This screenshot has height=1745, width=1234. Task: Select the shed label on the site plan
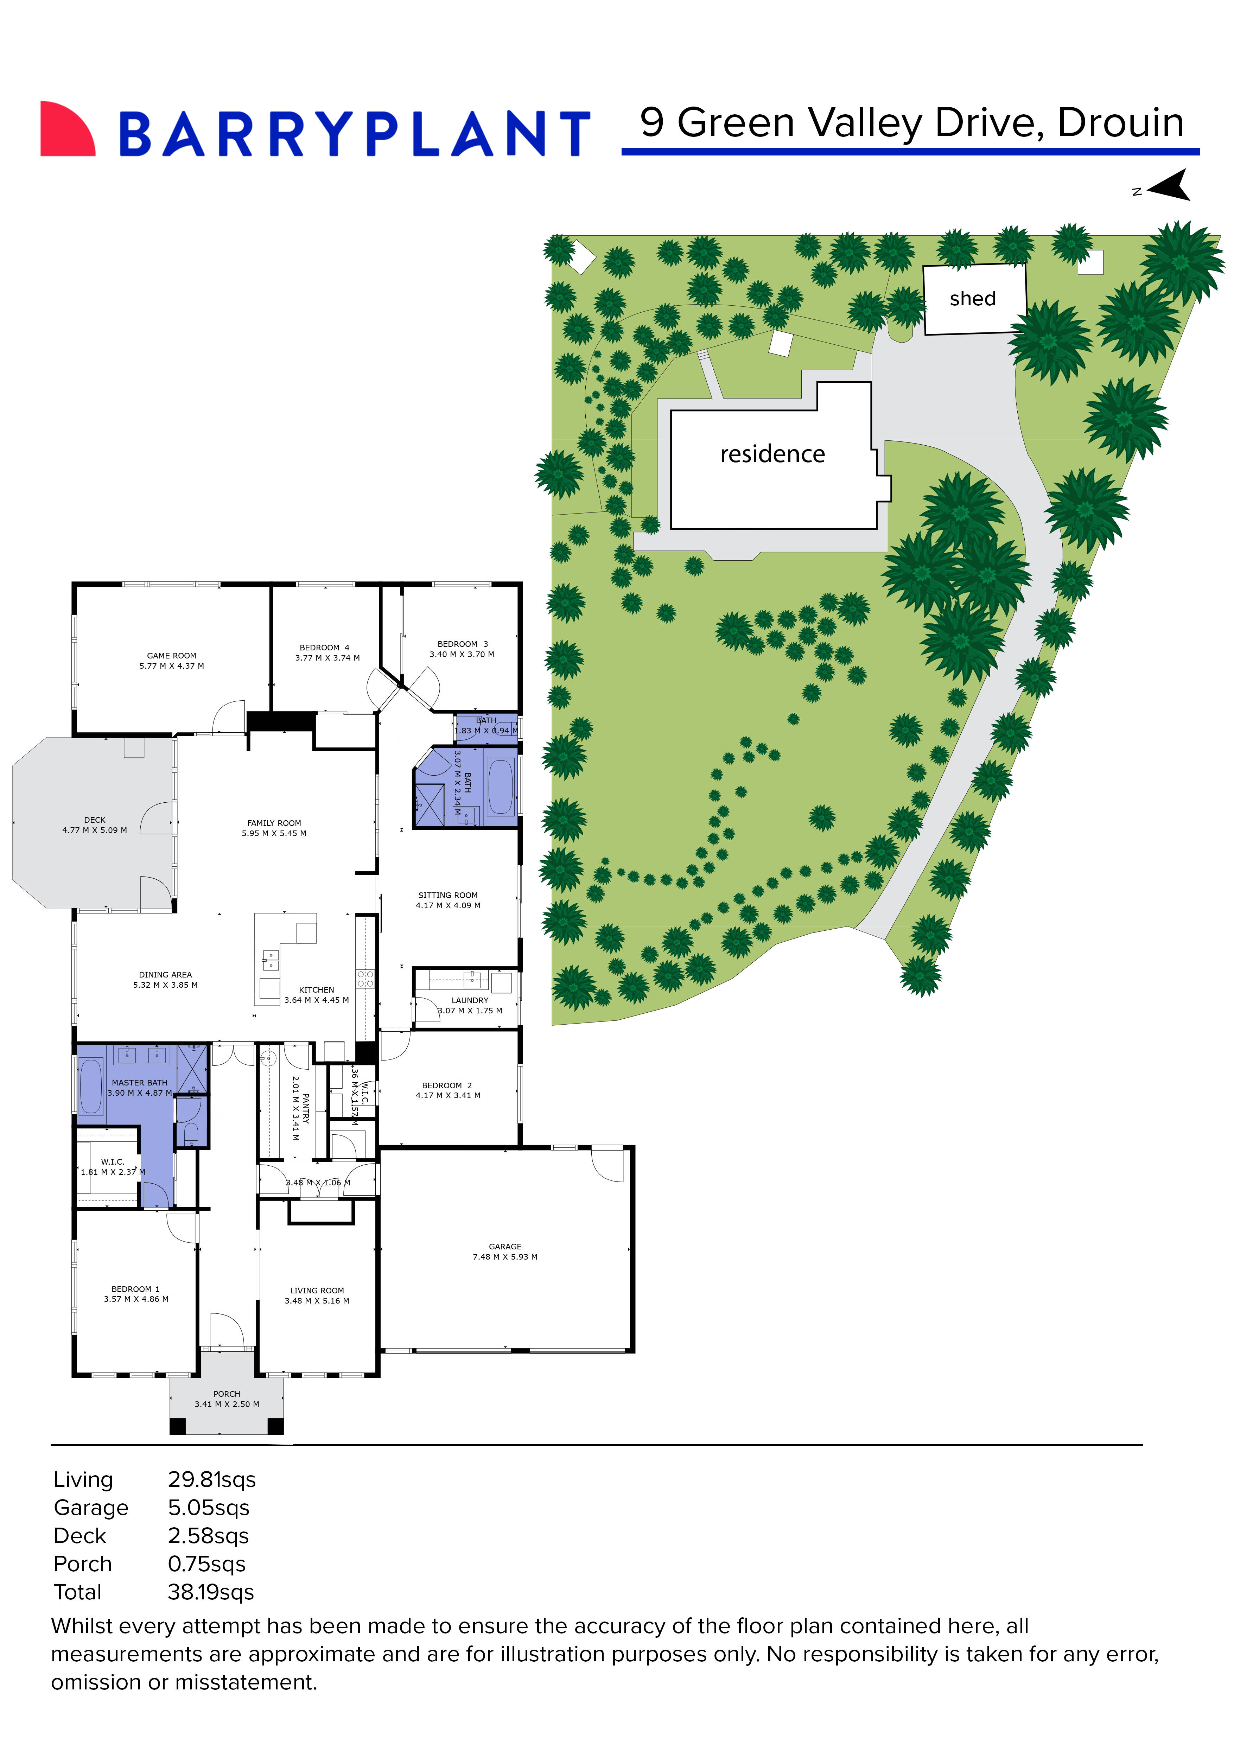pyautogui.click(x=973, y=299)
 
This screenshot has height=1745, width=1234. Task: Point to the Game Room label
pyautogui.click(x=172, y=655)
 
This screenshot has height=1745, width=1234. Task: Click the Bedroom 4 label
pyautogui.click(x=324, y=648)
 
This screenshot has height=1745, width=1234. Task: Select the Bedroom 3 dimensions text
pyautogui.click(x=462, y=654)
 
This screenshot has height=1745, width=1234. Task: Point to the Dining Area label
pyautogui.click(x=166, y=974)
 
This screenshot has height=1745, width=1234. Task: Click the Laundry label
pyautogui.click(x=470, y=1000)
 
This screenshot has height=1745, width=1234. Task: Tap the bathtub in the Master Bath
pyautogui.click(x=91, y=1085)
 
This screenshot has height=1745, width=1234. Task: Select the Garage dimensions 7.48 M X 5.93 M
pyautogui.click(x=505, y=1257)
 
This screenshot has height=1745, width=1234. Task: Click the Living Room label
pyautogui.click(x=317, y=1291)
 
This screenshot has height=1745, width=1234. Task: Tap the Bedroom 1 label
pyautogui.click(x=136, y=1289)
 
